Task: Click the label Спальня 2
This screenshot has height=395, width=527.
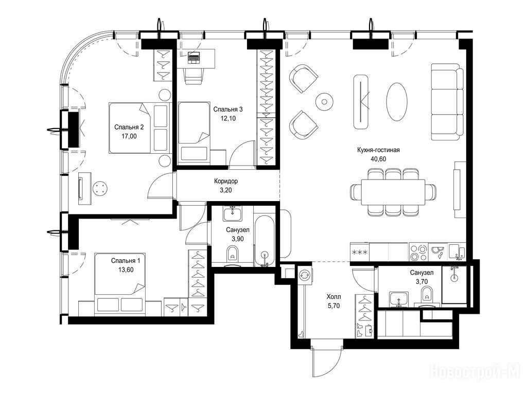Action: point(129,128)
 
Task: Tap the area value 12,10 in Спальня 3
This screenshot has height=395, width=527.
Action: point(228,118)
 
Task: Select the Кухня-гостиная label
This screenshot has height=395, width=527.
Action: point(378,150)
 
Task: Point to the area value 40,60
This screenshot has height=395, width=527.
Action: point(378,159)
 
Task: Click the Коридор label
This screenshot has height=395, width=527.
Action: point(226,182)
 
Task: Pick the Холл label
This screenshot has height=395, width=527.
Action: point(333,297)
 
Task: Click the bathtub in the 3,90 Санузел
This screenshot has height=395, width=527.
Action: point(265,241)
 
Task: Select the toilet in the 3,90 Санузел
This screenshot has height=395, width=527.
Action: point(232,255)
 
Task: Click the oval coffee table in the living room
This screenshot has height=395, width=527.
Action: point(397,102)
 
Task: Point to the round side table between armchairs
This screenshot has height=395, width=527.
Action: point(324,102)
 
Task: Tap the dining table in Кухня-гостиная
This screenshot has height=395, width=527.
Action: point(393,192)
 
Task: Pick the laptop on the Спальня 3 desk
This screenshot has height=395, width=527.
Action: point(193,58)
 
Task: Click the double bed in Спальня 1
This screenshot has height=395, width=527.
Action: point(119,284)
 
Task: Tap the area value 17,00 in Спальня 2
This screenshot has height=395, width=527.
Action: point(129,136)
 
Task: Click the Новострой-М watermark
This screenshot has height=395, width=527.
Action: point(475,371)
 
